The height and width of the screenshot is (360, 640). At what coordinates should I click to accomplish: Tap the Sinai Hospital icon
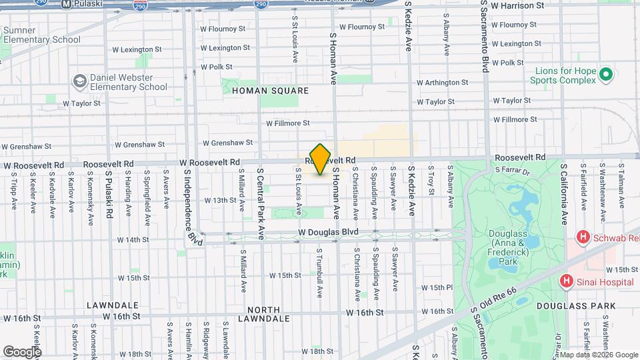[567, 282]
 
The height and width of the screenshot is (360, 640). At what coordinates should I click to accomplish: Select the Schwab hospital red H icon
[583, 237]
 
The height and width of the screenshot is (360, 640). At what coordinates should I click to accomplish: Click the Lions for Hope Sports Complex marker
[605, 74]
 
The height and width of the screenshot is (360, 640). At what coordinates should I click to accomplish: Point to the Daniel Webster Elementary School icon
[80, 81]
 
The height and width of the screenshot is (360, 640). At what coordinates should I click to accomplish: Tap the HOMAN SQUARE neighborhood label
[270, 91]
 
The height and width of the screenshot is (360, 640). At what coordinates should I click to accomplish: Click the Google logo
[21, 351]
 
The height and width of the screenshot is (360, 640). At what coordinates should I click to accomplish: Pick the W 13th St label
[211, 200]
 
